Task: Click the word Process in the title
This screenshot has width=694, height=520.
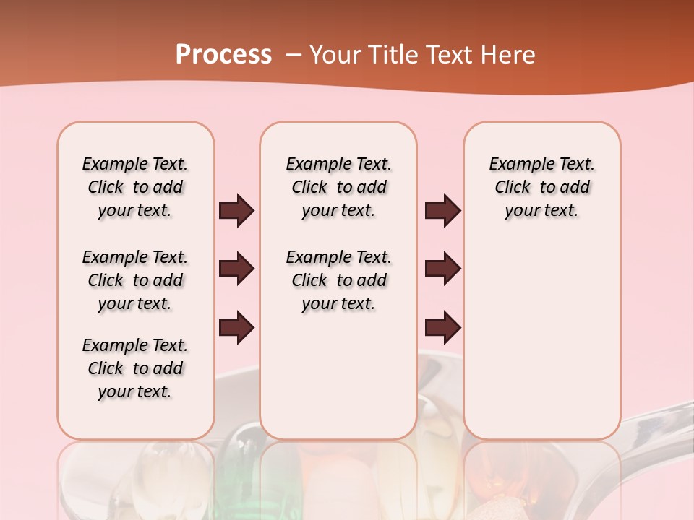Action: (223, 54)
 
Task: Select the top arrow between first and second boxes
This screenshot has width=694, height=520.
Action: (237, 211)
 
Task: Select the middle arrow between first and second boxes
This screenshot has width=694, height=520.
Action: (237, 269)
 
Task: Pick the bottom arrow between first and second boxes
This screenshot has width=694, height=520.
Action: (237, 328)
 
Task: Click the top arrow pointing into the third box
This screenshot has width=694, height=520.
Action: (442, 211)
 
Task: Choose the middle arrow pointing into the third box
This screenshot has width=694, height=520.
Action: (442, 269)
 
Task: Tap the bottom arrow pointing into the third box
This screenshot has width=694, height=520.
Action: (442, 328)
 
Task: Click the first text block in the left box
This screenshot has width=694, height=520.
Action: (135, 187)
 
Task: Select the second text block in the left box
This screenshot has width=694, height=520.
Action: (135, 280)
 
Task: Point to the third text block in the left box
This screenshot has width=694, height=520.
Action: (135, 368)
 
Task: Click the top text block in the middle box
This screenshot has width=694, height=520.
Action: (339, 187)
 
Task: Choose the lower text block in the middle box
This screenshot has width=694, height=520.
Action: (339, 280)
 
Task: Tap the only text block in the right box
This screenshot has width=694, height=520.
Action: (542, 187)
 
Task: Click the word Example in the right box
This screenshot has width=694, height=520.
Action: (516, 165)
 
